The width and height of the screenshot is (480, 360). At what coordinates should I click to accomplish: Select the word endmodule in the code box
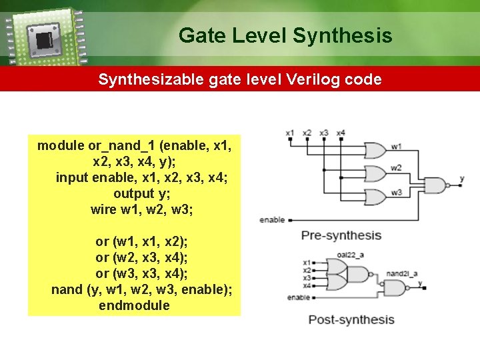(134, 305)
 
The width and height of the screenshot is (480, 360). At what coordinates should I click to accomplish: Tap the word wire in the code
(104, 209)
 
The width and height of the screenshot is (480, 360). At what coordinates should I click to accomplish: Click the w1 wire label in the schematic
(397, 146)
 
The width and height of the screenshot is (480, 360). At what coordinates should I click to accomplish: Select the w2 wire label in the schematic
(397, 168)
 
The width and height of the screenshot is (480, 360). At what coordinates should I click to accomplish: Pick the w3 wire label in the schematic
(397, 193)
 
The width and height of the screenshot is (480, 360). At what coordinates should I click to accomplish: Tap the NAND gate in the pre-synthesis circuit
(435, 185)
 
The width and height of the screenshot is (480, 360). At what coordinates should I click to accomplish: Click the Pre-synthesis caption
(341, 235)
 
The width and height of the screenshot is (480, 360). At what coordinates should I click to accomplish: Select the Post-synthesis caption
(351, 319)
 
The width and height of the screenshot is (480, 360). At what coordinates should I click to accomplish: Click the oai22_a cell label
(350, 254)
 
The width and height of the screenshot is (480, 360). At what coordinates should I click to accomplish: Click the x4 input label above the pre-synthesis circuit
(341, 133)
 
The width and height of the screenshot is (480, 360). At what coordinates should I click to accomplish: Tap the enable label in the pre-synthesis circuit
(272, 219)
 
